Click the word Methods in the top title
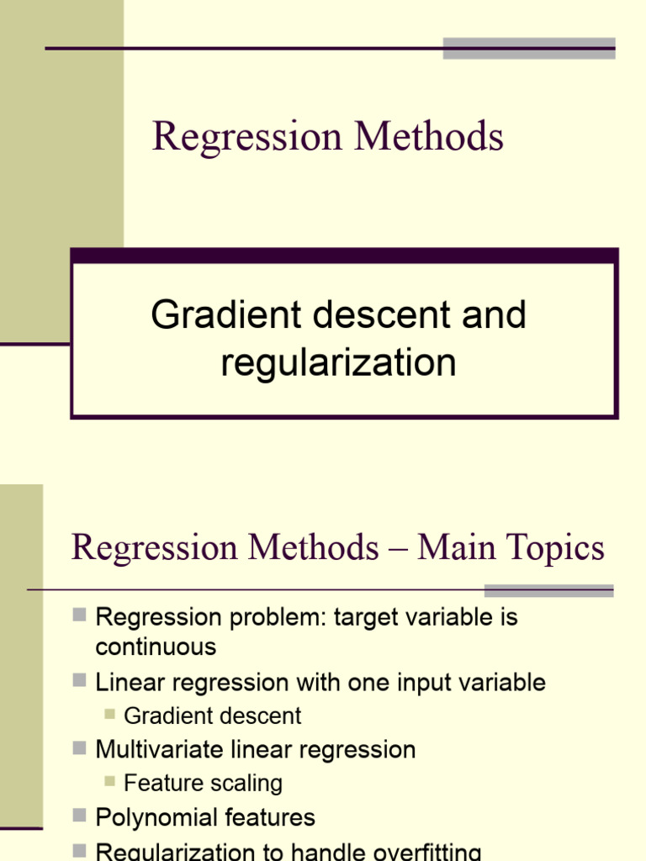point(428,136)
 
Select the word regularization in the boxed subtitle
point(338,363)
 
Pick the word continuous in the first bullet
point(156,647)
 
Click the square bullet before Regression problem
point(80,615)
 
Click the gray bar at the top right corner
point(529,48)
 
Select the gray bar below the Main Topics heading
point(548,590)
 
